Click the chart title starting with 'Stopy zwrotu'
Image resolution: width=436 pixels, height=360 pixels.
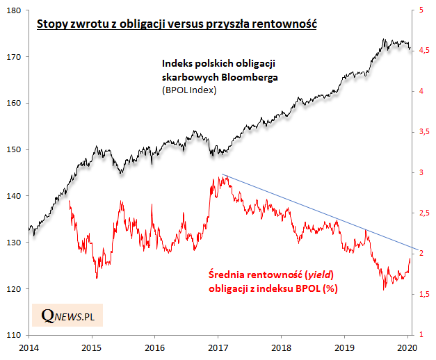(x=177, y=24)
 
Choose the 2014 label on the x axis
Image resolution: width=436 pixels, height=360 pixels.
(x=29, y=347)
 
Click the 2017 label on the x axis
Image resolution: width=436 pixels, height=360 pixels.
(x=218, y=347)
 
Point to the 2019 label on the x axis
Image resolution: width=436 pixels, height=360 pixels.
(x=345, y=347)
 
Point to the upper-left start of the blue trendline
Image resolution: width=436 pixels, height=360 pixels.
(x=221, y=174)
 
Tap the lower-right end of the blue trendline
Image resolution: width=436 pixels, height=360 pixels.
(x=419, y=249)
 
